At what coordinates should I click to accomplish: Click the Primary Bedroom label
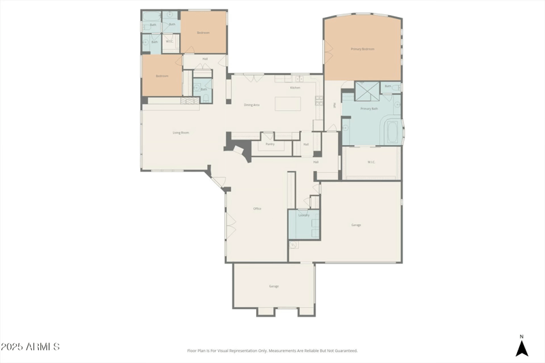pos(362,49)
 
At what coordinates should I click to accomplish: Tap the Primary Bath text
pos(369,109)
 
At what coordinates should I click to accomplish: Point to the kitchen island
pos(288,104)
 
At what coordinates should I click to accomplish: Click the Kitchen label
pos(295,88)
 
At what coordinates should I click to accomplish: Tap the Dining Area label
pos(252,105)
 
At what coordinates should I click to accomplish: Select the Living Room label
pos(181,133)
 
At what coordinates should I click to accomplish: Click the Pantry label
pos(270,144)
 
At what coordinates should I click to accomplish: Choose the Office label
pos(258,208)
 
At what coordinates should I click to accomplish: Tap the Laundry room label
pos(304,215)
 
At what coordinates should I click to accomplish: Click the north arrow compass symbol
pos(522,347)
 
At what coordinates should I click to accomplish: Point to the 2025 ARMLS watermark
pos(30,347)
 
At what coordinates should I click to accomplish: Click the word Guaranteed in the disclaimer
pos(345,351)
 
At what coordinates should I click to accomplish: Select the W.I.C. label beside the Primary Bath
pos(372,162)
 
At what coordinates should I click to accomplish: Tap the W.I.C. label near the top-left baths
pos(169,42)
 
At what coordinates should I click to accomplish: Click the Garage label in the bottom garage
pos(273,286)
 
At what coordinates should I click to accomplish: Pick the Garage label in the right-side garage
pos(356,225)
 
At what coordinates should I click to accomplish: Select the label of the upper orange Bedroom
pos(203,33)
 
